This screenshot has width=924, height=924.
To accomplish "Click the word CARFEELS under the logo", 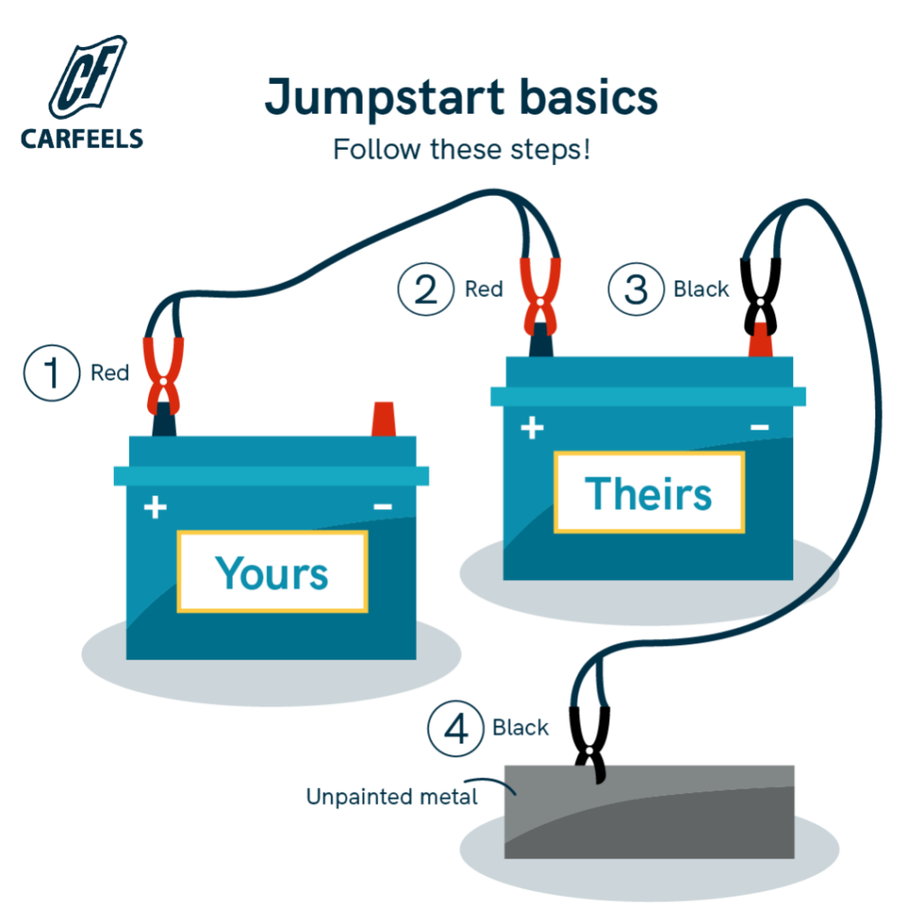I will click(81, 138).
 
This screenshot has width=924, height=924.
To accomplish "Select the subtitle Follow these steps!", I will click(461, 148).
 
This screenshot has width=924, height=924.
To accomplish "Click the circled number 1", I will click(51, 373).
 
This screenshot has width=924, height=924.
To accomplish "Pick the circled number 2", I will click(426, 289).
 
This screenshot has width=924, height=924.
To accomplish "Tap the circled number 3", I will click(636, 290).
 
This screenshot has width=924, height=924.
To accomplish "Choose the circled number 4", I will click(457, 727).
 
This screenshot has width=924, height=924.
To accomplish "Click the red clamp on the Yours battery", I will click(162, 372).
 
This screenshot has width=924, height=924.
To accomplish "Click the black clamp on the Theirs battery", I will click(760, 289).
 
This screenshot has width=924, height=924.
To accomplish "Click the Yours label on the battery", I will click(272, 572).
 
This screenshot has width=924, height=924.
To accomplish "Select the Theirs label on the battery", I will click(648, 493).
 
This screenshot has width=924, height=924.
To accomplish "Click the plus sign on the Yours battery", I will click(155, 508).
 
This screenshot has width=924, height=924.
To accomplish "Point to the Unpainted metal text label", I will click(392, 797).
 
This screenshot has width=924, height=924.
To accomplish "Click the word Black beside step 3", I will click(701, 290).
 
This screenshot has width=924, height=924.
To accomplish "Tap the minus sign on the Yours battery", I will click(383, 508).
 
